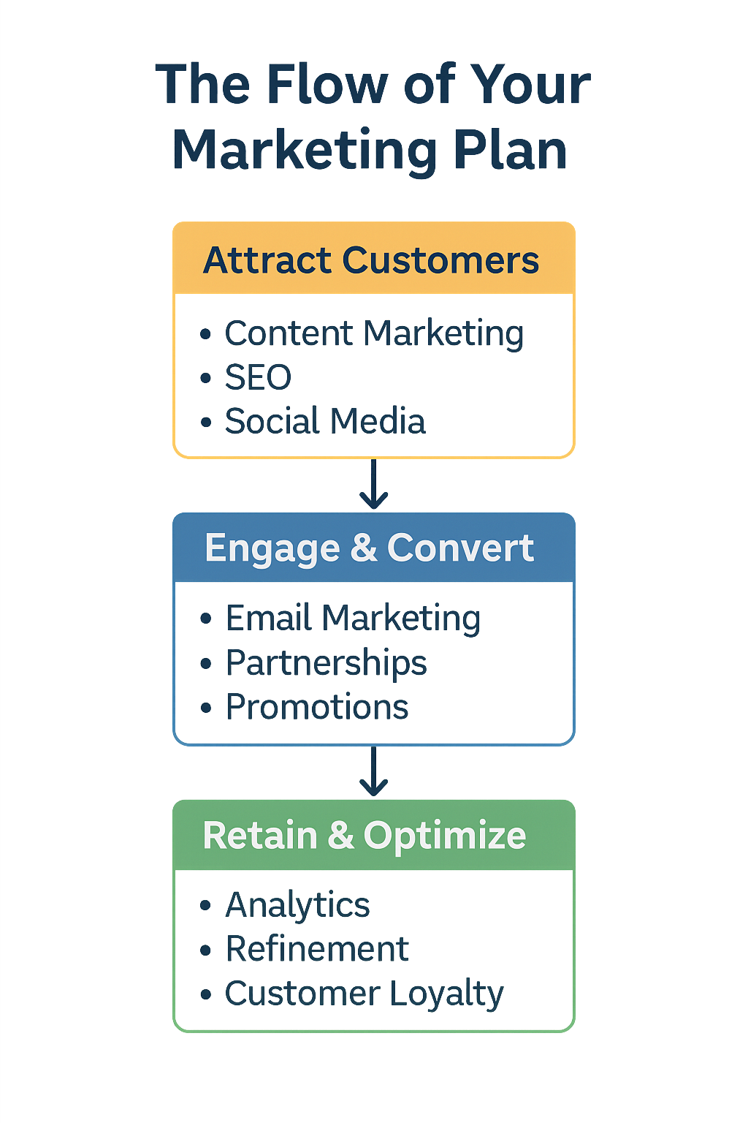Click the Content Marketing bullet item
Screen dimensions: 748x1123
point(374,334)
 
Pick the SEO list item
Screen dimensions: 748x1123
point(258,377)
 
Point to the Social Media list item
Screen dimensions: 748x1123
point(325,420)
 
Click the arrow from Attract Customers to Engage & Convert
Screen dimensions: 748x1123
point(374,484)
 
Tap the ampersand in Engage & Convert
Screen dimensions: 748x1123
point(364,547)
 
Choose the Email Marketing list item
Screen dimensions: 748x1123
point(353,619)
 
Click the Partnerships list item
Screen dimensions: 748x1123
point(326,663)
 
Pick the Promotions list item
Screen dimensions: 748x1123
point(317,707)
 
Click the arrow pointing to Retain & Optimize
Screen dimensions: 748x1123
point(374,771)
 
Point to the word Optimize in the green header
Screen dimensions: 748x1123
point(445,836)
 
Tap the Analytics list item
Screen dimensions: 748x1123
point(297,906)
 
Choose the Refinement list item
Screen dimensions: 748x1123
point(317,949)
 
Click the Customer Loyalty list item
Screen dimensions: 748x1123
point(365,994)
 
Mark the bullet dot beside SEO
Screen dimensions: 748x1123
point(205,378)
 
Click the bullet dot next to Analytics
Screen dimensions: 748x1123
point(205,905)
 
